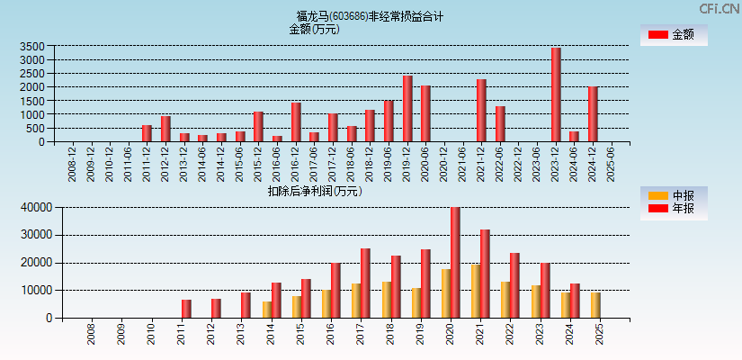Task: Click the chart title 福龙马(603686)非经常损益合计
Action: pos(370,16)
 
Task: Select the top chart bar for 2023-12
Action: pos(556,94)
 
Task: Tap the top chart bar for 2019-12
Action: pos(407,109)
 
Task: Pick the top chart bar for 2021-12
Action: pos(481,111)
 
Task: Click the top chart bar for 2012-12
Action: pos(165,129)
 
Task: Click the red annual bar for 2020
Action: pos(455,263)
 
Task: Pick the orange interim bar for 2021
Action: pos(476,291)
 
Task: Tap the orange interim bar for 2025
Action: pos(595,305)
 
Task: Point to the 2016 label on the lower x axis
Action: pos(331,336)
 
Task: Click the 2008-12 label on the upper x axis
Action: pos(73,164)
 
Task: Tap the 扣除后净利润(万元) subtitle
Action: pos(314,191)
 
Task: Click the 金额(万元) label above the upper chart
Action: pos(314,29)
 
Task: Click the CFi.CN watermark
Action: pos(720,9)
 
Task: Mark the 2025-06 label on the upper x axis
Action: pos(612,164)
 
